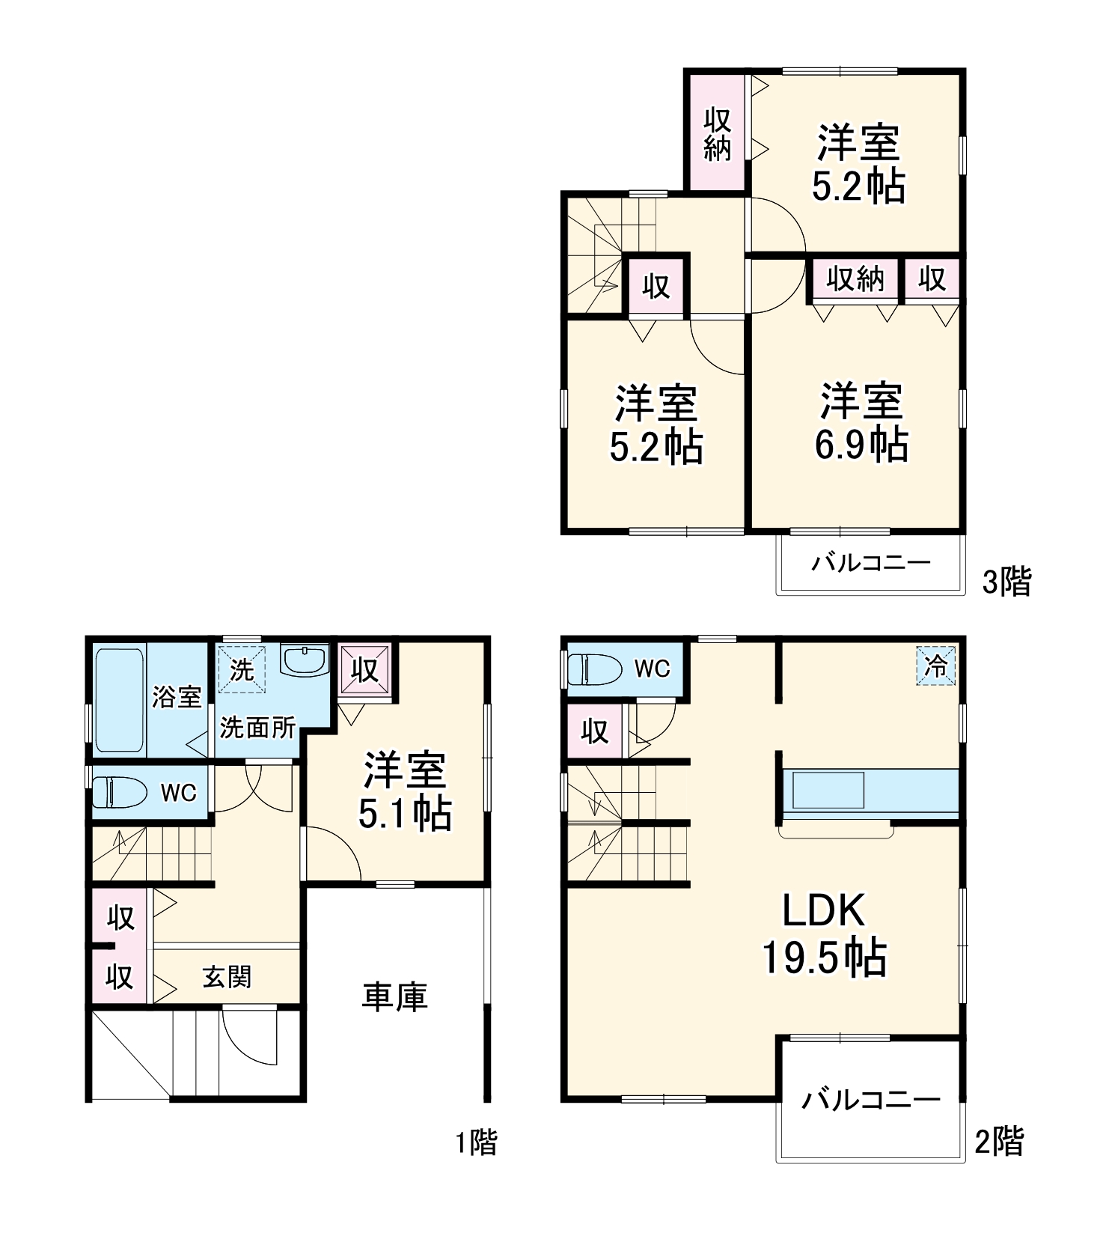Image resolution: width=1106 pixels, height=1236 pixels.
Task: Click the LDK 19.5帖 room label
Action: point(824,934)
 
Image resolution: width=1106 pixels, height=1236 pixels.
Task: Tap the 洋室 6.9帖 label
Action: point(861,422)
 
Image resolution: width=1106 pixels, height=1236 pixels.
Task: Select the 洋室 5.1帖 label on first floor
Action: point(405,791)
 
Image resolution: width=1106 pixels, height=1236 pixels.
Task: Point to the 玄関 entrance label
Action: point(226,976)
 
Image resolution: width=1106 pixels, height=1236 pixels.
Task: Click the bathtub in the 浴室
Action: point(120,700)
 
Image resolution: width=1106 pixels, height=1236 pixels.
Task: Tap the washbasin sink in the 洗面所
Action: point(304,660)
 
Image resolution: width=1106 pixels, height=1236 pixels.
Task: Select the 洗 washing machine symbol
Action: point(241,669)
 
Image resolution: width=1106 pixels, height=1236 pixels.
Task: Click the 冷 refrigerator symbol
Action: point(935,666)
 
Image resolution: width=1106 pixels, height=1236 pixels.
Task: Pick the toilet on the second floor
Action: point(595,669)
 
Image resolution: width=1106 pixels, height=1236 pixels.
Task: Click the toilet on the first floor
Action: point(120,792)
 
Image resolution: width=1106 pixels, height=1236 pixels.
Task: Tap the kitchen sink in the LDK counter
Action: point(828,790)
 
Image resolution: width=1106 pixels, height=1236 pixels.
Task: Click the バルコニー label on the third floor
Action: point(871,562)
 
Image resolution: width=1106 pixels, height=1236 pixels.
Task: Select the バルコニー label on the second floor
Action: point(870,1099)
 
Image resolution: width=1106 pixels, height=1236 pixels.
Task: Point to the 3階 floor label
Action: point(1006,582)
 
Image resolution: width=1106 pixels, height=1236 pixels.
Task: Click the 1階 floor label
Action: point(477,1142)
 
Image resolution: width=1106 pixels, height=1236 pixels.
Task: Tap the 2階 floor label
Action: point(999,1142)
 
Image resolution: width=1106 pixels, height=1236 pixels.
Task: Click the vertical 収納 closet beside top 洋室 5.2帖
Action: point(717,134)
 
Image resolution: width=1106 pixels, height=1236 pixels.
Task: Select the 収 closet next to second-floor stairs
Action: point(594,731)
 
